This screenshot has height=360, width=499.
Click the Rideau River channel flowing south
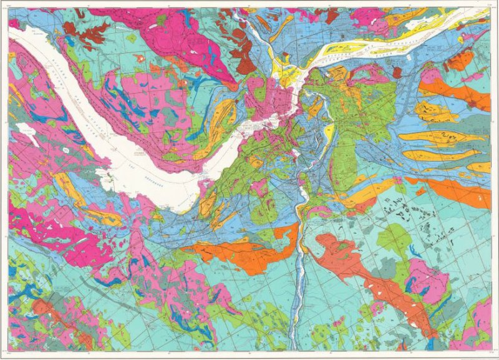301,262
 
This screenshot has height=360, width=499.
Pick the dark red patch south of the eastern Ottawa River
397,72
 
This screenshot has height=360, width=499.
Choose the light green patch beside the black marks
393,237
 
